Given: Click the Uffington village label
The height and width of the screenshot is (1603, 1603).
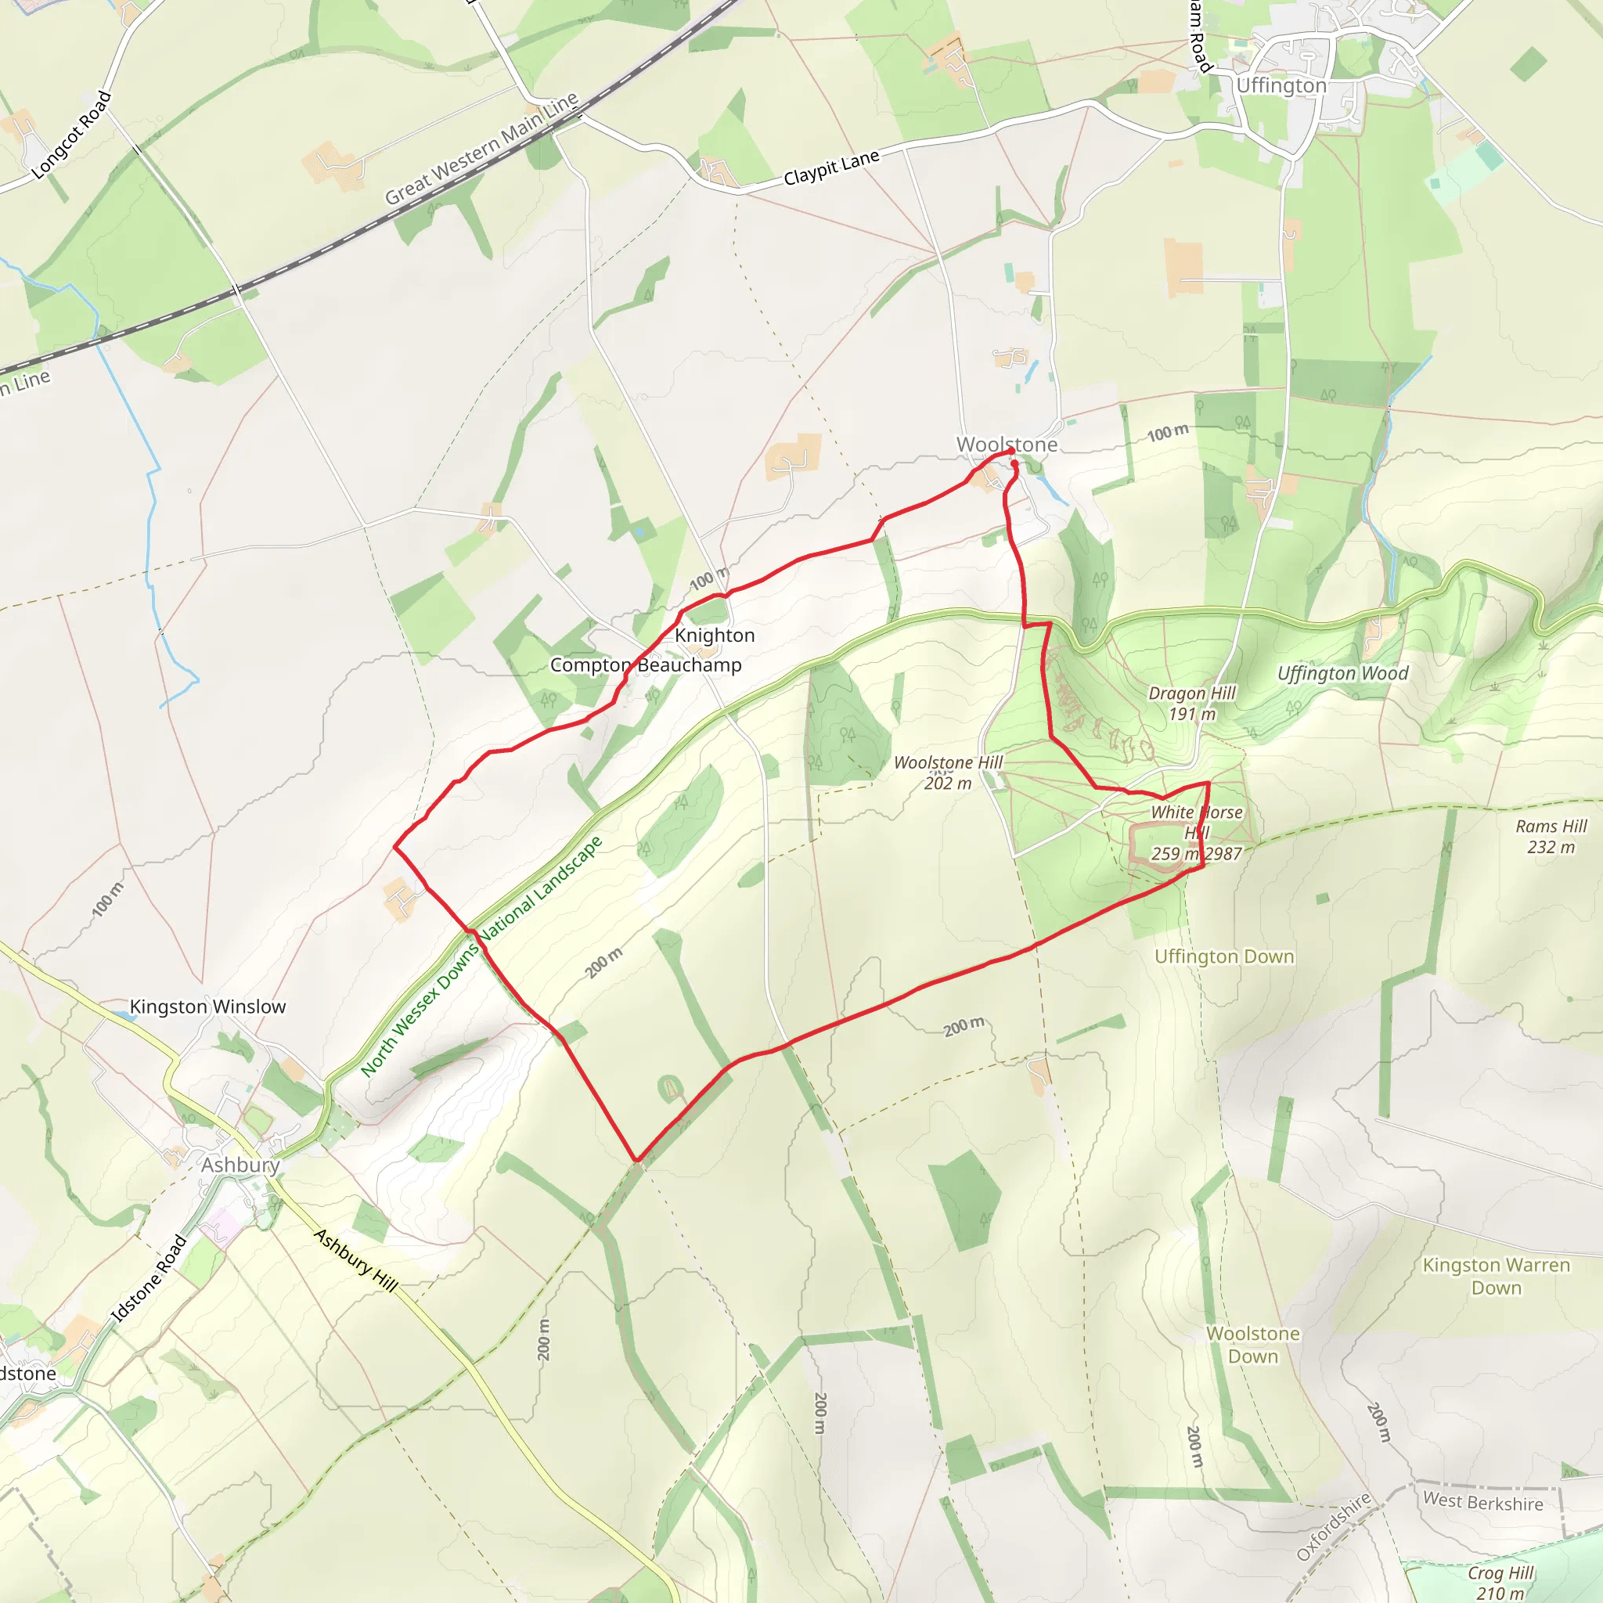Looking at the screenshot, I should point(1281,86).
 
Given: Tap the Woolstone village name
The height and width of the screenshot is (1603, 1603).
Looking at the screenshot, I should point(1007,445).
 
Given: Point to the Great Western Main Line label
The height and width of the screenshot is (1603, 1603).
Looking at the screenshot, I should point(481,149).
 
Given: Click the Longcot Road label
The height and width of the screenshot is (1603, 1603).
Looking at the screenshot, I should point(71,135).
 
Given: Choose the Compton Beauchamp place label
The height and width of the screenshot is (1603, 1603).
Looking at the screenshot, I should point(646,665).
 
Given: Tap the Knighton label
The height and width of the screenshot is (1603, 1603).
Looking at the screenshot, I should point(715,636).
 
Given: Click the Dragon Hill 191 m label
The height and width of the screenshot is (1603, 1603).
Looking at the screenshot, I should point(1191,703).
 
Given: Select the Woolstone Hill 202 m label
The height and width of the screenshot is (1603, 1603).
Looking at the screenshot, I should point(948,773).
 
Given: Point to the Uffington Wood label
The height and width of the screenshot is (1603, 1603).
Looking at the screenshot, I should point(1342,674).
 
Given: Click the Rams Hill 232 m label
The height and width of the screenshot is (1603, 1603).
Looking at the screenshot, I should point(1551,837).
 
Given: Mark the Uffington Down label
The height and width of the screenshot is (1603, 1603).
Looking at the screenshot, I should point(1224,956).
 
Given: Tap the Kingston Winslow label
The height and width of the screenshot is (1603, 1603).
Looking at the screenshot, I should point(207,1007).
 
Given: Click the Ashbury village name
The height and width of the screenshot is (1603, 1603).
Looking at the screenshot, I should point(240,1165).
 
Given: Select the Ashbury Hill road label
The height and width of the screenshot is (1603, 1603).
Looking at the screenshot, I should point(356,1260).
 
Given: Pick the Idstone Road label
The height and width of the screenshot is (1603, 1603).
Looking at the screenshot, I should point(149,1277).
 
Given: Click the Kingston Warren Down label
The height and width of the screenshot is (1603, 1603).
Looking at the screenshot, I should point(1496,1276).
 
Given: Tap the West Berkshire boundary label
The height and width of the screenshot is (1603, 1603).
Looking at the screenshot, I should point(1482,1502).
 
